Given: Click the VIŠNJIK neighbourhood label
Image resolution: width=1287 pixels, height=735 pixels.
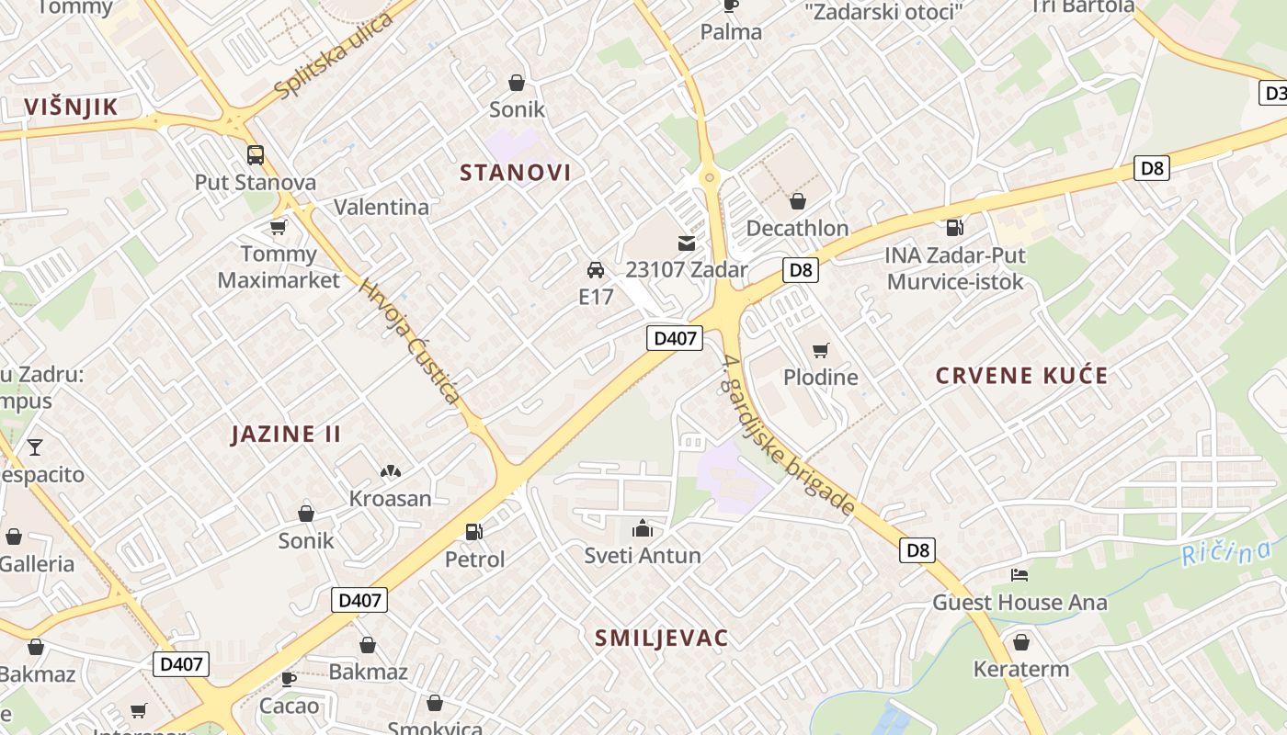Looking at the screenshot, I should point(72,107).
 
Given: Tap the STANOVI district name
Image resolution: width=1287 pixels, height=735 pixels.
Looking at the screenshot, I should point(515,172).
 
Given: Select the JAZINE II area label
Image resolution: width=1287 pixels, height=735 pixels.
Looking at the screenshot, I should point(286,434).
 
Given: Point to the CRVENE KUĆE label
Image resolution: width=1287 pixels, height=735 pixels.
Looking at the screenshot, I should point(1021,375).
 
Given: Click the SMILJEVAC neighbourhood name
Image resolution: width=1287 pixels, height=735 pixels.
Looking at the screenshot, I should point(661,638).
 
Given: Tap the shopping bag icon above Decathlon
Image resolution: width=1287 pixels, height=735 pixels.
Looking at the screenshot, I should point(797,201).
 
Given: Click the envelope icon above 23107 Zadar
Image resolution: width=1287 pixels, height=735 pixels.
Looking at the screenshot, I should point(687,243).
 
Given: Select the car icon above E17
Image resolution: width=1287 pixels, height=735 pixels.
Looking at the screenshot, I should point(596,270).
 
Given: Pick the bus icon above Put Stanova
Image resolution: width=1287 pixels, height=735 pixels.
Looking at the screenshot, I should point(256,155).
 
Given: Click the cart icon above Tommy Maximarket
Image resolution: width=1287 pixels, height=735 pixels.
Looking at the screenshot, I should point(279,227).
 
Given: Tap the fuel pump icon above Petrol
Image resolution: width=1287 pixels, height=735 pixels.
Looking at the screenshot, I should point(474,531).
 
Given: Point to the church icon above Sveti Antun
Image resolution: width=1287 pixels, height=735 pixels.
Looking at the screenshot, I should point(642,528).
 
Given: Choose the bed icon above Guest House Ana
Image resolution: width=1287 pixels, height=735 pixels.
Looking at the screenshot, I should point(1019,575).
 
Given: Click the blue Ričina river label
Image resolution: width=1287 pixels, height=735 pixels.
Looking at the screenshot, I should point(1226,553).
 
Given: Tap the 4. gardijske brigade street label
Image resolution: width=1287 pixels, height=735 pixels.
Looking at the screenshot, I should point(790,435).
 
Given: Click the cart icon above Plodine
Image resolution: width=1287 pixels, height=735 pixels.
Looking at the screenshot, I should point(820,350).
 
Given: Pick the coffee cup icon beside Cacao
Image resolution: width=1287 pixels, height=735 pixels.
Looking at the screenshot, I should point(288,679).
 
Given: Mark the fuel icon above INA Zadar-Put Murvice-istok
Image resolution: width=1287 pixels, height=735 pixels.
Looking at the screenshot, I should point(955,227).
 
